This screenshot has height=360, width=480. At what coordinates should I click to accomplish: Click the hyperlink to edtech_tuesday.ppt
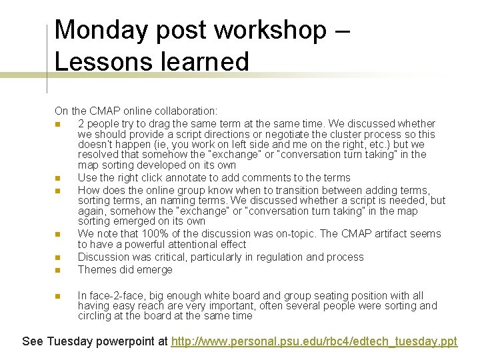pyautogui.click(x=314, y=341)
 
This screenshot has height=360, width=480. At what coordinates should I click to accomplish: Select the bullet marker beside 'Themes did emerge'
pyautogui.click(x=58, y=270)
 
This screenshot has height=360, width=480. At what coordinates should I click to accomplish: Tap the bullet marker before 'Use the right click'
pyautogui.click(x=58, y=178)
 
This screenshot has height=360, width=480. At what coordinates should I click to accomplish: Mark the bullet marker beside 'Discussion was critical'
pyautogui.click(x=58, y=257)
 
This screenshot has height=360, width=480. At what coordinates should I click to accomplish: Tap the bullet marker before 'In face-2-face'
pyautogui.click(x=58, y=296)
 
